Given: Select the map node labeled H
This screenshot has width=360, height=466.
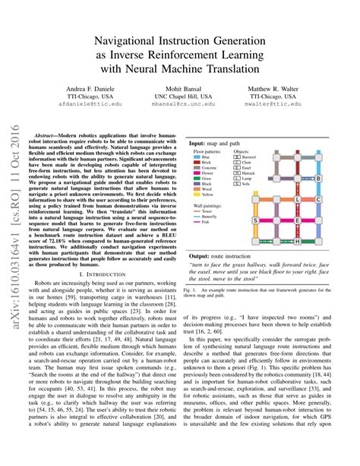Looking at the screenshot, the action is pyautogui.click(x=297, y=242).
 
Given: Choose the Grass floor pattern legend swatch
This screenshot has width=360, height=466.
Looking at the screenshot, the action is pyautogui.click(x=197, y=178).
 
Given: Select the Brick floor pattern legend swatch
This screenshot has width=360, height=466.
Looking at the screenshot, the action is pyautogui.click(x=197, y=162).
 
